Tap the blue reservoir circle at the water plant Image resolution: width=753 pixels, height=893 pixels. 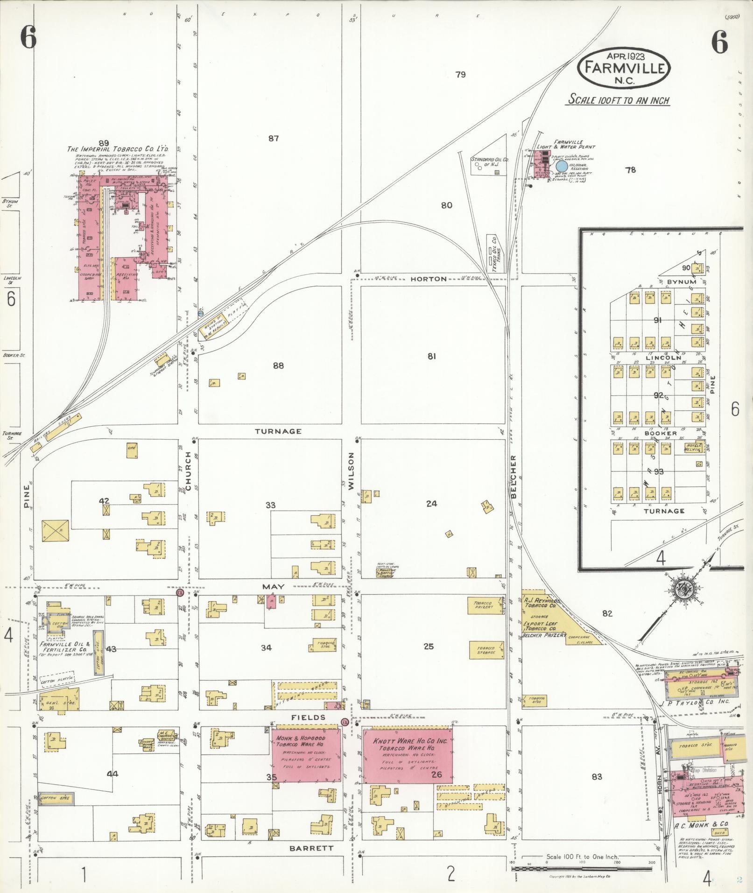click(562, 166)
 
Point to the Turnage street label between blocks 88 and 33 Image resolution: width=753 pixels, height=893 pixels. click(278, 431)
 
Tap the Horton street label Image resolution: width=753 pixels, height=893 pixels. click(429, 279)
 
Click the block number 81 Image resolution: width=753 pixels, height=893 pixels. click(432, 356)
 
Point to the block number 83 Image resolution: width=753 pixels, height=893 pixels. click(597, 777)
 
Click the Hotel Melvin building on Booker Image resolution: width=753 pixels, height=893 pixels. click(693, 447)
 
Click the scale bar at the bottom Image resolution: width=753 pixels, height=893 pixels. click(582, 869)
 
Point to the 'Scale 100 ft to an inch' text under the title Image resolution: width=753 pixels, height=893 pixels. click(619, 100)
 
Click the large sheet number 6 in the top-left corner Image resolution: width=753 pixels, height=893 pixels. click(28, 38)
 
